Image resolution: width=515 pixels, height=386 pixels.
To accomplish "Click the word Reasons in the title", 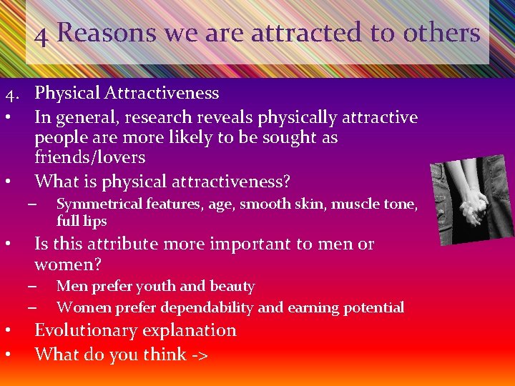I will (106, 32).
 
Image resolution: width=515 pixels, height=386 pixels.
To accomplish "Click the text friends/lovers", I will (90, 157).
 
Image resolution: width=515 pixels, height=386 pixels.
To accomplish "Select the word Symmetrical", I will (100, 204).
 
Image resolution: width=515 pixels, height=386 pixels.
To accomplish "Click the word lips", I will (93, 221).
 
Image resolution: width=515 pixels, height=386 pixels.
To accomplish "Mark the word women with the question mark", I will (68, 264).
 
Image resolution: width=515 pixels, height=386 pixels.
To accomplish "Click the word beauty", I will (232, 287).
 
